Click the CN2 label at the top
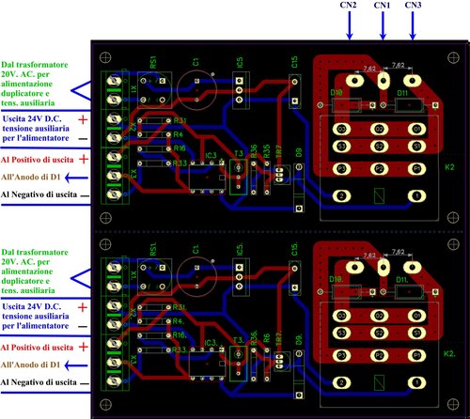tap(349, 6)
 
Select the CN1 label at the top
tap(383, 6)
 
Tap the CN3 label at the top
tap(415, 6)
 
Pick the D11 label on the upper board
tap(401, 93)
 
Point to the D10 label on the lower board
tap(337, 280)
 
